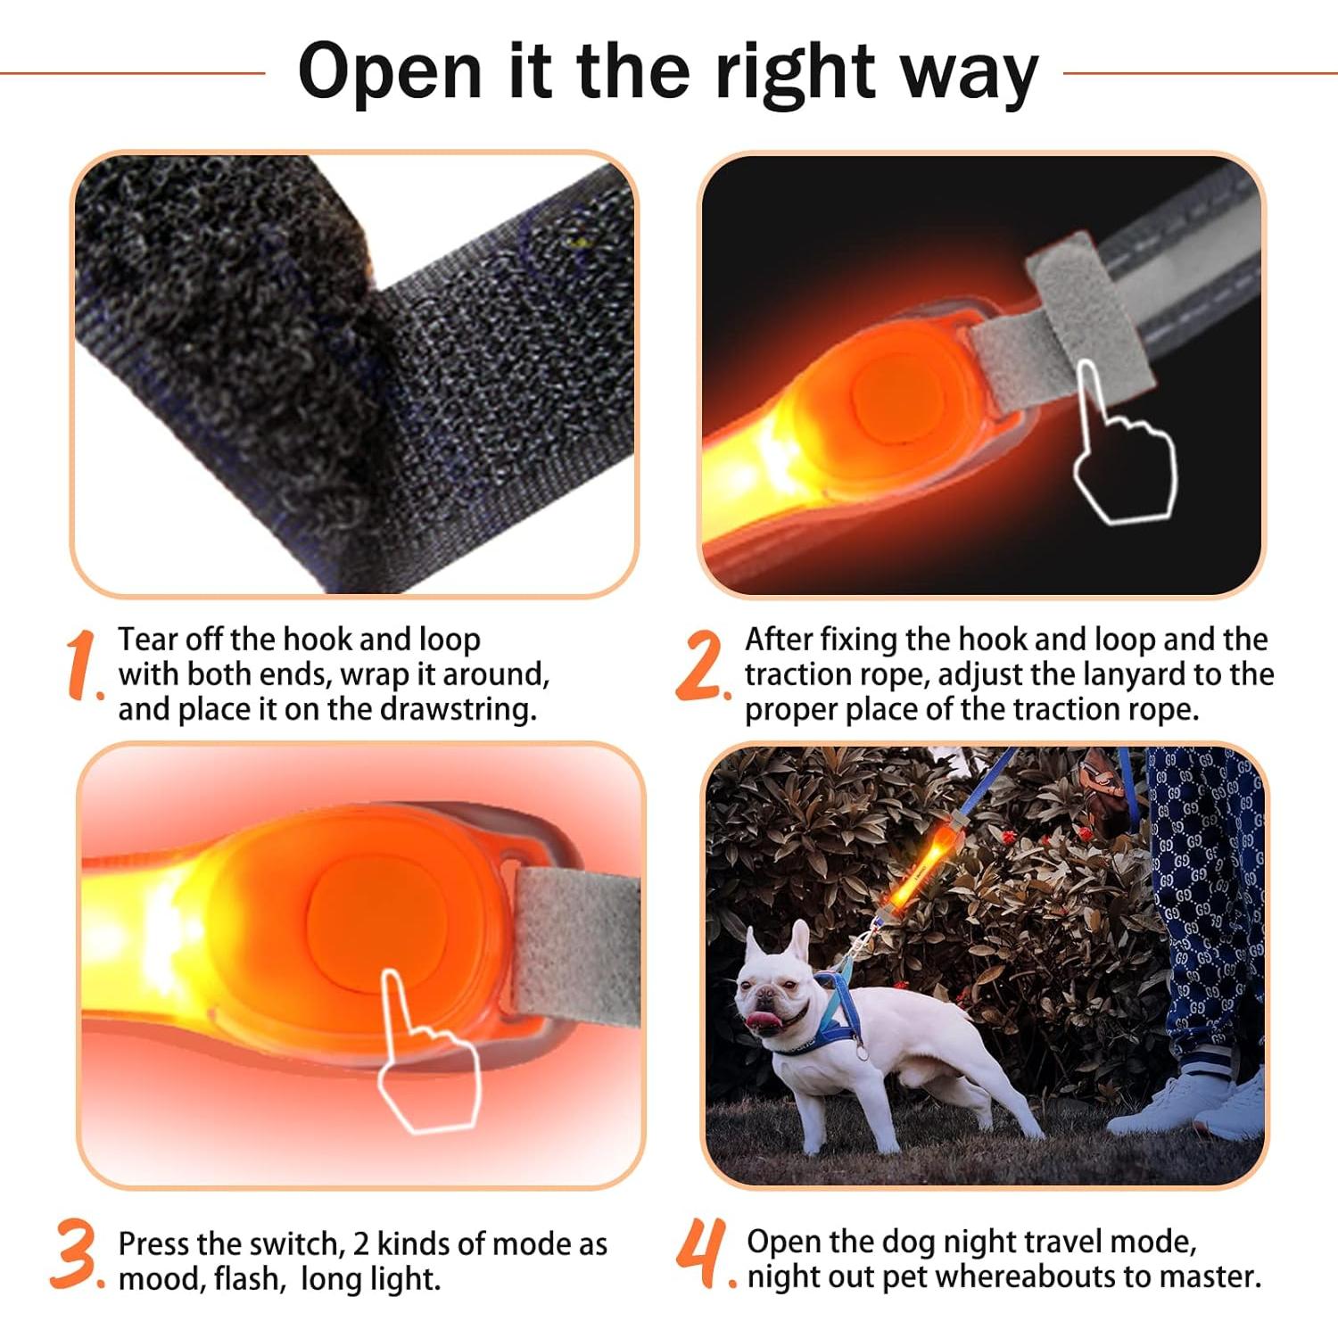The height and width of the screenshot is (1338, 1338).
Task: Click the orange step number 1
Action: (x=82, y=664)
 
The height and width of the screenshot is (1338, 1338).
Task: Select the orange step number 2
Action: (x=700, y=665)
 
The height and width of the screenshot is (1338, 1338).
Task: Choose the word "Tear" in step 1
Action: (x=148, y=640)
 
